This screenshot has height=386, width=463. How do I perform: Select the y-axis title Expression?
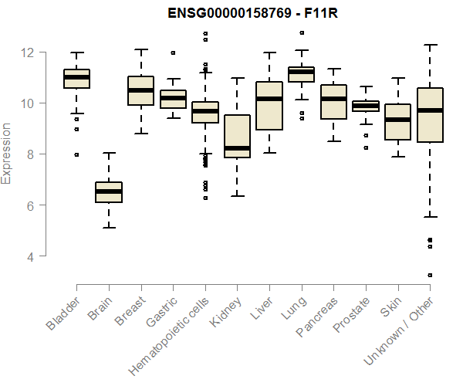pyautogui.click(x=7, y=154)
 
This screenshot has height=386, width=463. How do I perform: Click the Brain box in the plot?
pyautogui.click(x=109, y=192)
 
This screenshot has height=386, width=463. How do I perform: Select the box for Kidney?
pyautogui.click(x=237, y=137)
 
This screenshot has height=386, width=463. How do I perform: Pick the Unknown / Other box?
pyautogui.click(x=430, y=115)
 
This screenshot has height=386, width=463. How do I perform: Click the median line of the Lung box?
pyautogui.click(x=301, y=72)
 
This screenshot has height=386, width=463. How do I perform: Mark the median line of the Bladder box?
pyautogui.click(x=76, y=77)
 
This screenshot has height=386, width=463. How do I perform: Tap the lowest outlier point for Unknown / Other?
pyautogui.click(x=430, y=275)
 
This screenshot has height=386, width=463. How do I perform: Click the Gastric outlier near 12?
pyautogui.click(x=173, y=53)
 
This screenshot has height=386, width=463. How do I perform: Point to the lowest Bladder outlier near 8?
pyautogui.click(x=76, y=154)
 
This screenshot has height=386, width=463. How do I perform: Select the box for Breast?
pyautogui.click(x=140, y=90)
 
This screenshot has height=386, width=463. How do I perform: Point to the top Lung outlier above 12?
pyautogui.click(x=301, y=32)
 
